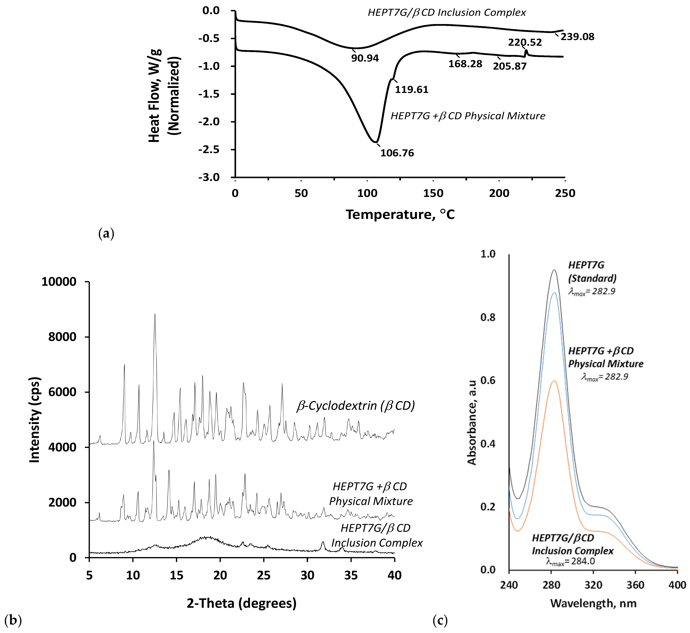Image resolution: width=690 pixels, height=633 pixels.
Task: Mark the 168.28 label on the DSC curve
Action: [x=465, y=64]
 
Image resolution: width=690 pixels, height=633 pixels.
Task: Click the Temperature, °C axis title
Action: [x=400, y=214]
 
